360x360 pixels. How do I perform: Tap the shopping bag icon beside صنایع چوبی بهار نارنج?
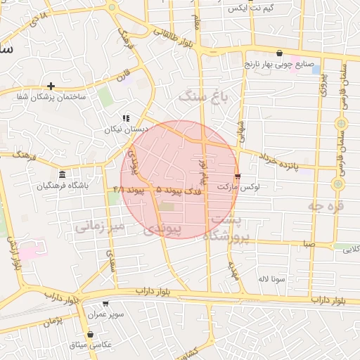(279, 53)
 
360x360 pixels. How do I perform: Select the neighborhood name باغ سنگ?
(205, 96)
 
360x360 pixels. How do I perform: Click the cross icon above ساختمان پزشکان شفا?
(51, 86)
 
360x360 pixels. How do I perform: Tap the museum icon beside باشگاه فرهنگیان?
(63, 174)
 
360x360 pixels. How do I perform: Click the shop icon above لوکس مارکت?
(238, 176)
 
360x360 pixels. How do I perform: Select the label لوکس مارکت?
(238, 188)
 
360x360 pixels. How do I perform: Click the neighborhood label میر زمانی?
(100, 226)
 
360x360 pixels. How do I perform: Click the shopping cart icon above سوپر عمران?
(105, 304)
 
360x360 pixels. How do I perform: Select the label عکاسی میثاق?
(90, 345)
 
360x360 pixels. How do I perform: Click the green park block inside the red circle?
(166, 207)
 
